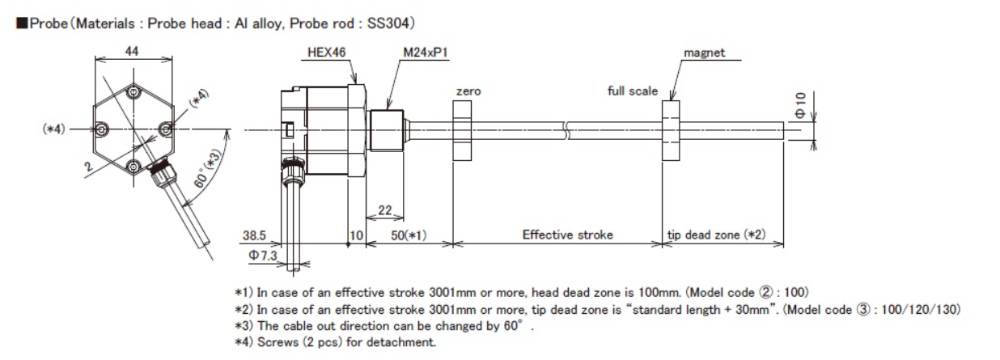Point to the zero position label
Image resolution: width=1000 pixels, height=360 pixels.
pyautogui.click(x=468, y=92)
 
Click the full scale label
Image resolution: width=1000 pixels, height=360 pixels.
pyautogui.click(x=633, y=91)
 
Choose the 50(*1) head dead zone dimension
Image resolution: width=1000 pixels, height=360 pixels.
pyautogui.click(x=409, y=235)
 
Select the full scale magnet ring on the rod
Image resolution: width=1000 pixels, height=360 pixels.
pyautogui.click(x=671, y=129)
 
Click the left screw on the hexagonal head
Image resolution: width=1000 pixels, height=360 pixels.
pyautogui.click(x=100, y=129)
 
